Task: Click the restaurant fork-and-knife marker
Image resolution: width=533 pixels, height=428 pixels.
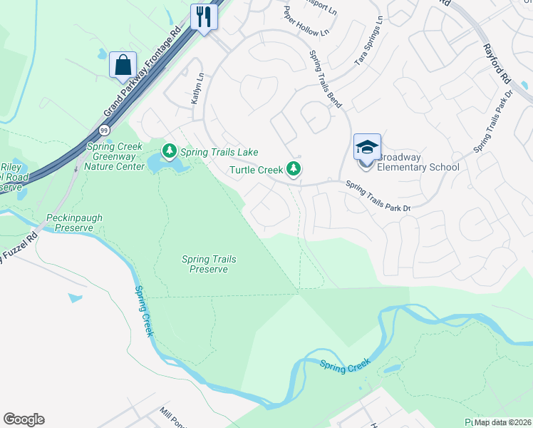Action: [205, 16]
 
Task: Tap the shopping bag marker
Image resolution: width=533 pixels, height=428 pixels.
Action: [123, 65]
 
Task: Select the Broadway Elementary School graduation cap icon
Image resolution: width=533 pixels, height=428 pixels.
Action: [367, 148]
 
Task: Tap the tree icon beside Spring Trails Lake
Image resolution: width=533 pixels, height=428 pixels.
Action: [170, 151]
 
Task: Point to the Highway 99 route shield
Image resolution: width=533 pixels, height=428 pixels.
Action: [105, 131]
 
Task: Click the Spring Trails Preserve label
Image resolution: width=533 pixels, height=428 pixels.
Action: [209, 264]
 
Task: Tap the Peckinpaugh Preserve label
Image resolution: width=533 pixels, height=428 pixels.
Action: [80, 222]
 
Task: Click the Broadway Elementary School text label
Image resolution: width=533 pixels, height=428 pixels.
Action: [418, 162]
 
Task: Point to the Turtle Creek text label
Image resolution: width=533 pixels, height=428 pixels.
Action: [255, 170]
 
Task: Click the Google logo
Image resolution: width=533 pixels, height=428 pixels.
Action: [24, 419]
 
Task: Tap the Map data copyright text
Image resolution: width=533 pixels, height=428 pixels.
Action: [502, 422]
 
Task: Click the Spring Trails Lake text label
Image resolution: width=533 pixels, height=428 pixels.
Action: [219, 152]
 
